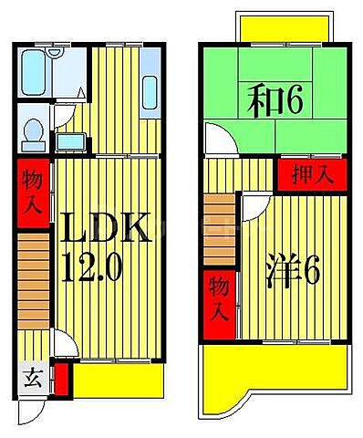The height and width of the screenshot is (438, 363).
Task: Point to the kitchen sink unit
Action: [x=151, y=92]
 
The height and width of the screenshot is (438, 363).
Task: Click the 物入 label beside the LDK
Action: [x=31, y=191]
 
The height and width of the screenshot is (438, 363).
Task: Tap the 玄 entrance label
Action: [x=30, y=376]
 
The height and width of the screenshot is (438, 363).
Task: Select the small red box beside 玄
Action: [x=61, y=380]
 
